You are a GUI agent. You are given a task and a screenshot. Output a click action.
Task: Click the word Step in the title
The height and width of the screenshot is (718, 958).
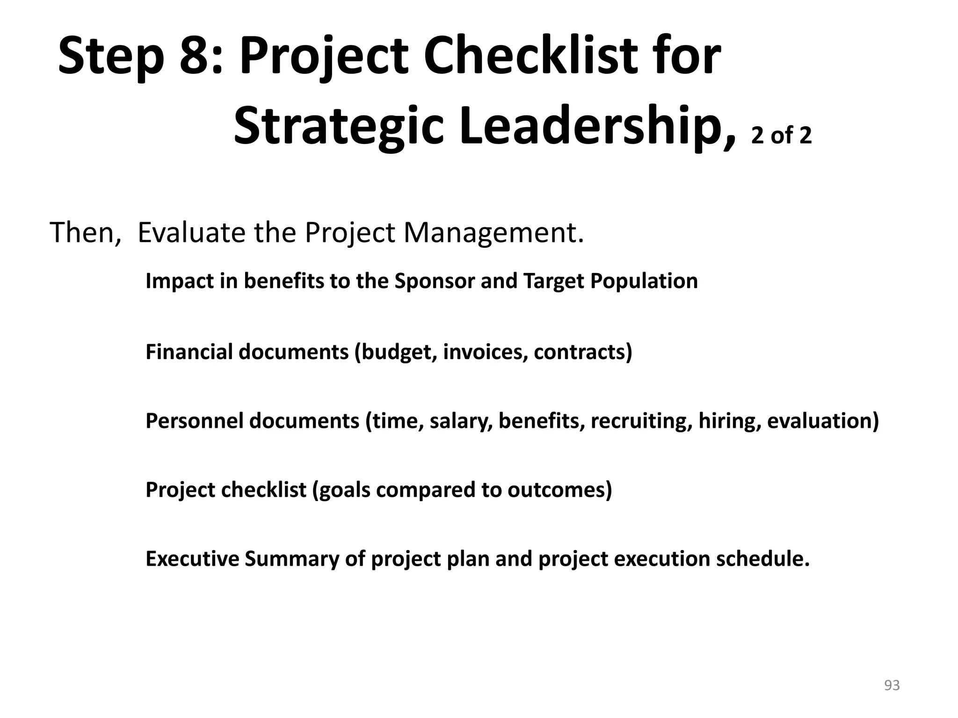point(111,57)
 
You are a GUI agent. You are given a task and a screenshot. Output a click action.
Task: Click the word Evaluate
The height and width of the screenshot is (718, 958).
point(191,233)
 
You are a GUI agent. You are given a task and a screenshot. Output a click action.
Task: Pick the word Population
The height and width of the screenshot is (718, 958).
point(644,281)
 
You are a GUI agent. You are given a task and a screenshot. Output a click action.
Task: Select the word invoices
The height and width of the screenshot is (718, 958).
point(485,352)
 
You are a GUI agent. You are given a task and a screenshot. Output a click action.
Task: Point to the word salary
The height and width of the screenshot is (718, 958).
point(460,421)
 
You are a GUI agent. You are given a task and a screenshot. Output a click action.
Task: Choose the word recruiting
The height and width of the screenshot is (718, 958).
point(641,421)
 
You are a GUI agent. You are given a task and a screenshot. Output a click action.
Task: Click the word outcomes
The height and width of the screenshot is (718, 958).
point(559,490)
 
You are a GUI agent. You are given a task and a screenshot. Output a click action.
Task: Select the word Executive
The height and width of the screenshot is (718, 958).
point(192,559)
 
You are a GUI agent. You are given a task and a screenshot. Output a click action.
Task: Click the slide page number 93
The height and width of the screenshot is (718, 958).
point(892,685)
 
